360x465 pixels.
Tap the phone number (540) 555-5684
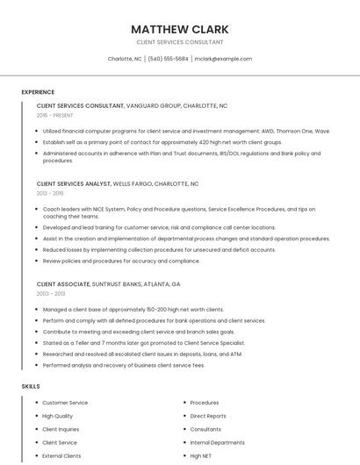[x=168, y=59]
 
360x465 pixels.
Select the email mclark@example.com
[x=223, y=59]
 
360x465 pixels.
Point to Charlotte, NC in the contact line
[x=125, y=59]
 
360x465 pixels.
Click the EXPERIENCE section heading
[x=38, y=92]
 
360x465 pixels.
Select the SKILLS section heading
[x=31, y=386]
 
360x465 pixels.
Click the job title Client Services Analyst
[x=74, y=184]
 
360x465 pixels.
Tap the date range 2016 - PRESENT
[x=54, y=115]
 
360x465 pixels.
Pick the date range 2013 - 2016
[x=50, y=193]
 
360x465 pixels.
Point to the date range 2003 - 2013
[x=50, y=294]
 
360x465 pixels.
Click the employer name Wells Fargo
[x=132, y=184]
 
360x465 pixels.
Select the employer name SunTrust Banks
[x=124, y=284]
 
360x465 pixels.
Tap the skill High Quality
[x=57, y=416]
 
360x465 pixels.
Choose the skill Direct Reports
[x=208, y=416]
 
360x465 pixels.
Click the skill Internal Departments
[x=217, y=443]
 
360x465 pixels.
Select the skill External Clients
[x=61, y=456]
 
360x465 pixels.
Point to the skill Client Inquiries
[x=61, y=430]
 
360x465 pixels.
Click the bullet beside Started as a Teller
[x=38, y=343]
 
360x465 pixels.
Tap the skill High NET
[x=201, y=456]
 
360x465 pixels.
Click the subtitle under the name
[x=179, y=42]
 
